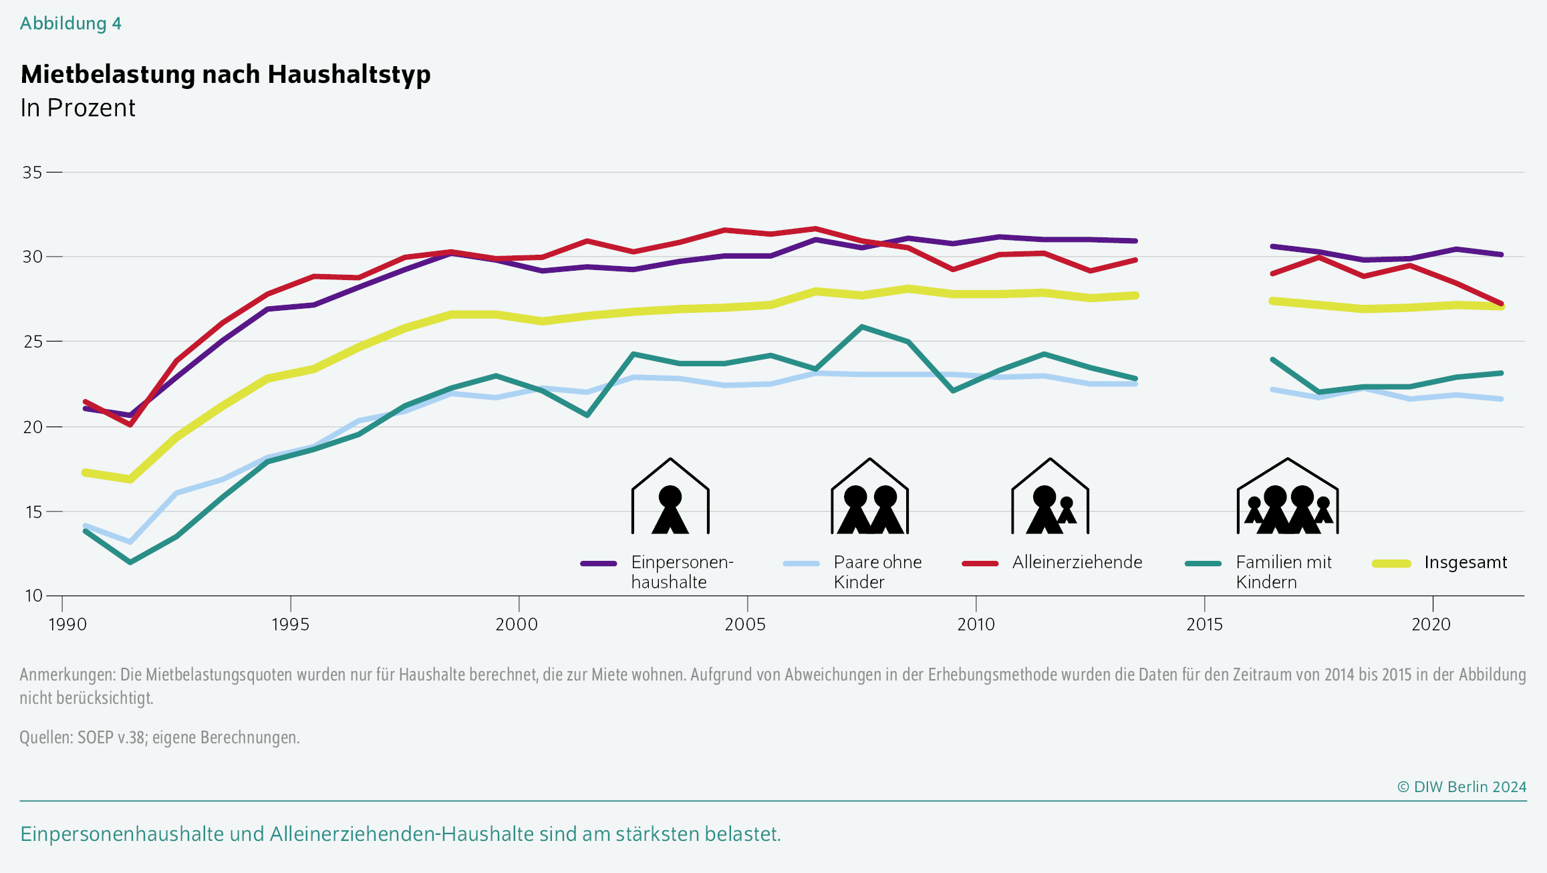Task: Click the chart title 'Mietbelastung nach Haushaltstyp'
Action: (226, 74)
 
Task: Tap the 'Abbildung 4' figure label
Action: (71, 23)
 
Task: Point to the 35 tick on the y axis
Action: (32, 172)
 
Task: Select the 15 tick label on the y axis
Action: (32, 512)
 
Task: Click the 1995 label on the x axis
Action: (290, 624)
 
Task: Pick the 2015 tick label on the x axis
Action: (1204, 624)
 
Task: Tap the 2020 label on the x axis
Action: (1431, 624)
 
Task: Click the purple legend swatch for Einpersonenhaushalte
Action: (599, 564)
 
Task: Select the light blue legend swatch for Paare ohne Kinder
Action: (801, 564)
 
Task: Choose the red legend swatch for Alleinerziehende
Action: (980, 564)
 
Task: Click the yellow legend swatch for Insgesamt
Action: (1392, 564)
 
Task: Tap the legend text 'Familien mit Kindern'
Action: (1284, 572)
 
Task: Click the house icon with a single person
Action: (670, 496)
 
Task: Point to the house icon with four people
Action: (1288, 496)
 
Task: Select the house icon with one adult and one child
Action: (1050, 496)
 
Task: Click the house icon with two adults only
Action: (869, 496)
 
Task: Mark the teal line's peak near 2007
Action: (862, 327)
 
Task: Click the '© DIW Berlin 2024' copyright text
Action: (1461, 787)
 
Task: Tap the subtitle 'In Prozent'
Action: (78, 108)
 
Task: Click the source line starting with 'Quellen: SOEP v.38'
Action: (160, 737)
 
